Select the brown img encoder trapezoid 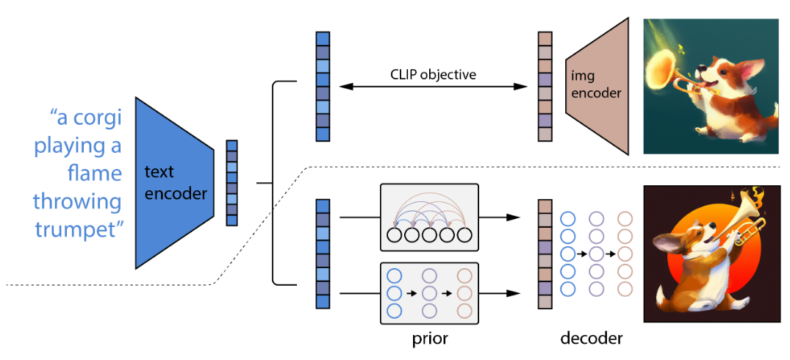(597, 87)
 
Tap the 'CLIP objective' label (434, 75)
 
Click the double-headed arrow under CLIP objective (434, 87)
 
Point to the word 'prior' (428, 339)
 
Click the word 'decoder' (591, 339)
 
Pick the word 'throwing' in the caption (77, 202)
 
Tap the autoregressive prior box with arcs (428, 217)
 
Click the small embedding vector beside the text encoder (231, 183)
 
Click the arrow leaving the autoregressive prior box (498, 217)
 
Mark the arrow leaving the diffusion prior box (498, 293)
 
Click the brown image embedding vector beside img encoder (545, 87)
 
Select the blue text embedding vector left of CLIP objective (323, 87)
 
